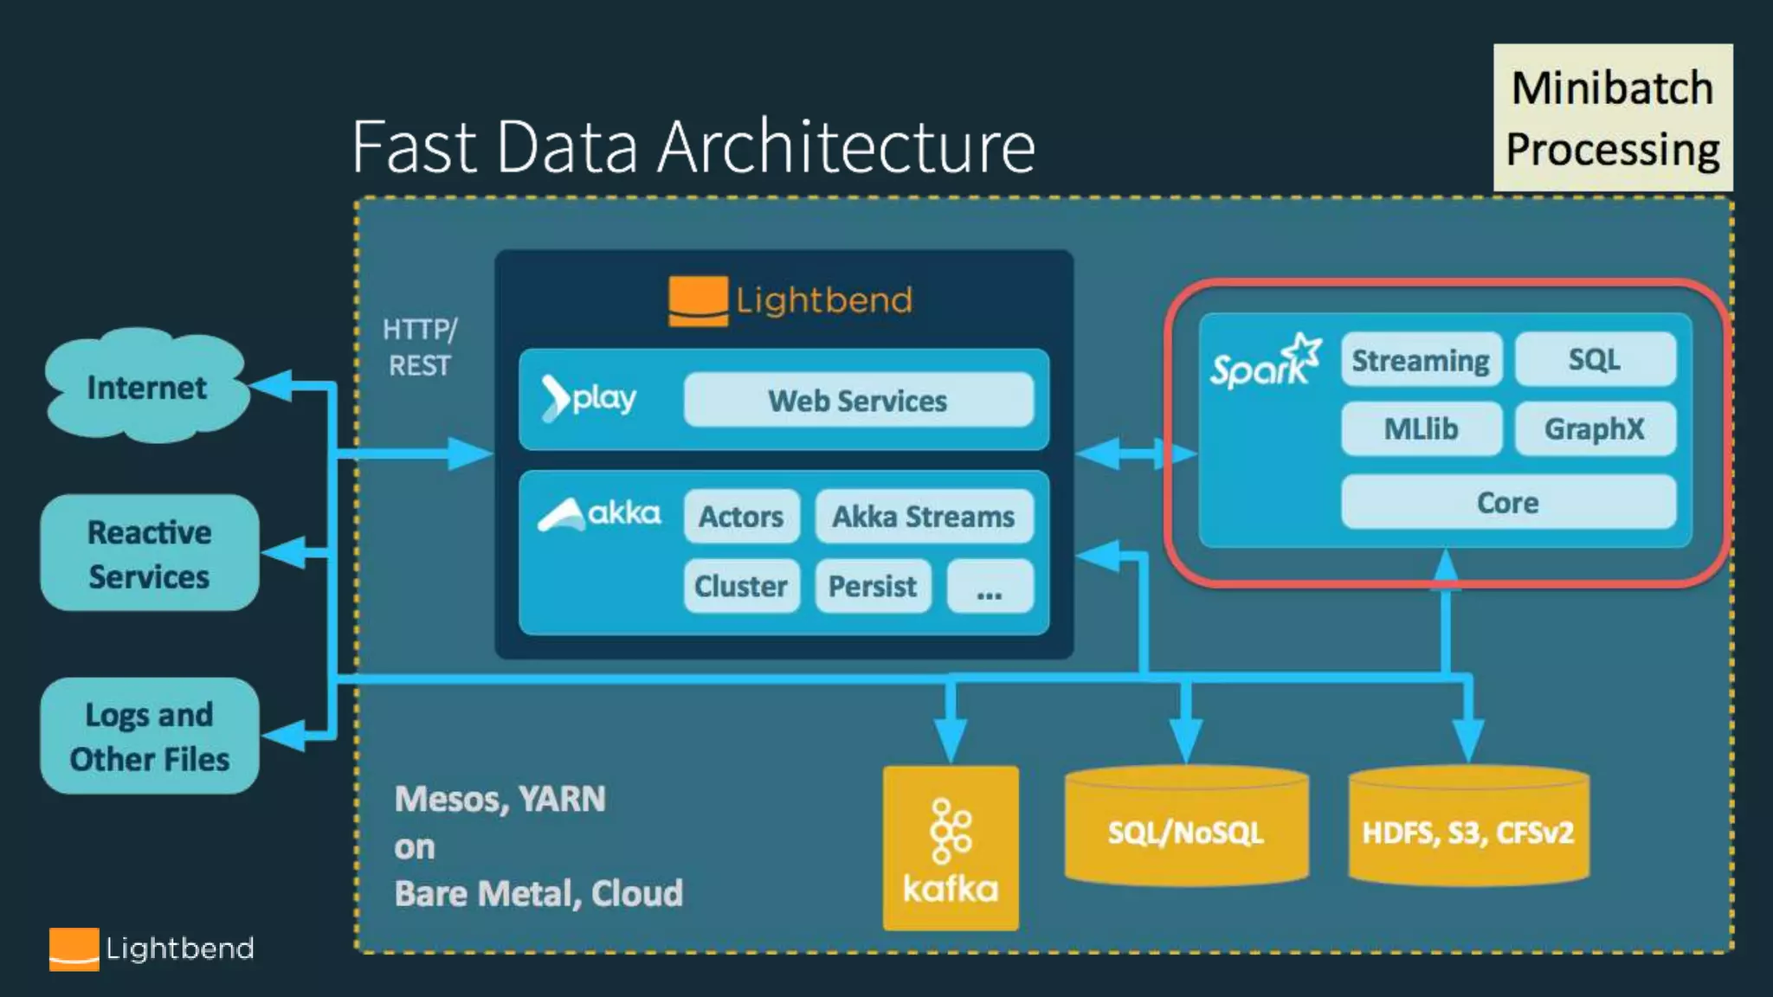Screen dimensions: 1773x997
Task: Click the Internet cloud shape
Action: (147, 385)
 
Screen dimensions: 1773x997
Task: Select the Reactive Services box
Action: (150, 553)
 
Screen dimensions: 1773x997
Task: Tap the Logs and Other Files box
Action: (150, 736)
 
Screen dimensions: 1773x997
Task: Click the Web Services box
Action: (858, 400)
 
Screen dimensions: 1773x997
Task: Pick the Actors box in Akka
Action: (741, 517)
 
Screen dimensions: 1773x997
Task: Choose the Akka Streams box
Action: (924, 517)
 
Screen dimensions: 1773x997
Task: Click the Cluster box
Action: (741, 586)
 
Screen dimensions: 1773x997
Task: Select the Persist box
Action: (873, 586)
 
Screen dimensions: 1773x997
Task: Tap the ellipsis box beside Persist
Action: (990, 586)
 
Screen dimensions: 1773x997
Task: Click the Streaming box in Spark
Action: (1422, 359)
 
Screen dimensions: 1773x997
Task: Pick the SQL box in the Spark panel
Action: (1595, 359)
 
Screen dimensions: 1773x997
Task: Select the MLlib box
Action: (1422, 428)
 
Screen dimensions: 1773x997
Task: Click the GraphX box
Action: (1595, 428)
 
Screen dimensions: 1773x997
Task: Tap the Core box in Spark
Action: (1508, 502)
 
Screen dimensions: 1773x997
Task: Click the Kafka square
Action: (951, 848)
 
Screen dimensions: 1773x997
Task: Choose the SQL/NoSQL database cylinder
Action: (1186, 827)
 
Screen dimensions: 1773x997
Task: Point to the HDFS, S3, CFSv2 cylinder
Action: (1468, 827)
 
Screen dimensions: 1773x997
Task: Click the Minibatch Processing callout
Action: (1613, 118)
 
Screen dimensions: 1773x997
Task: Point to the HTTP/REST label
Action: (420, 347)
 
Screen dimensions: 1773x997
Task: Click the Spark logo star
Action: (1303, 352)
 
